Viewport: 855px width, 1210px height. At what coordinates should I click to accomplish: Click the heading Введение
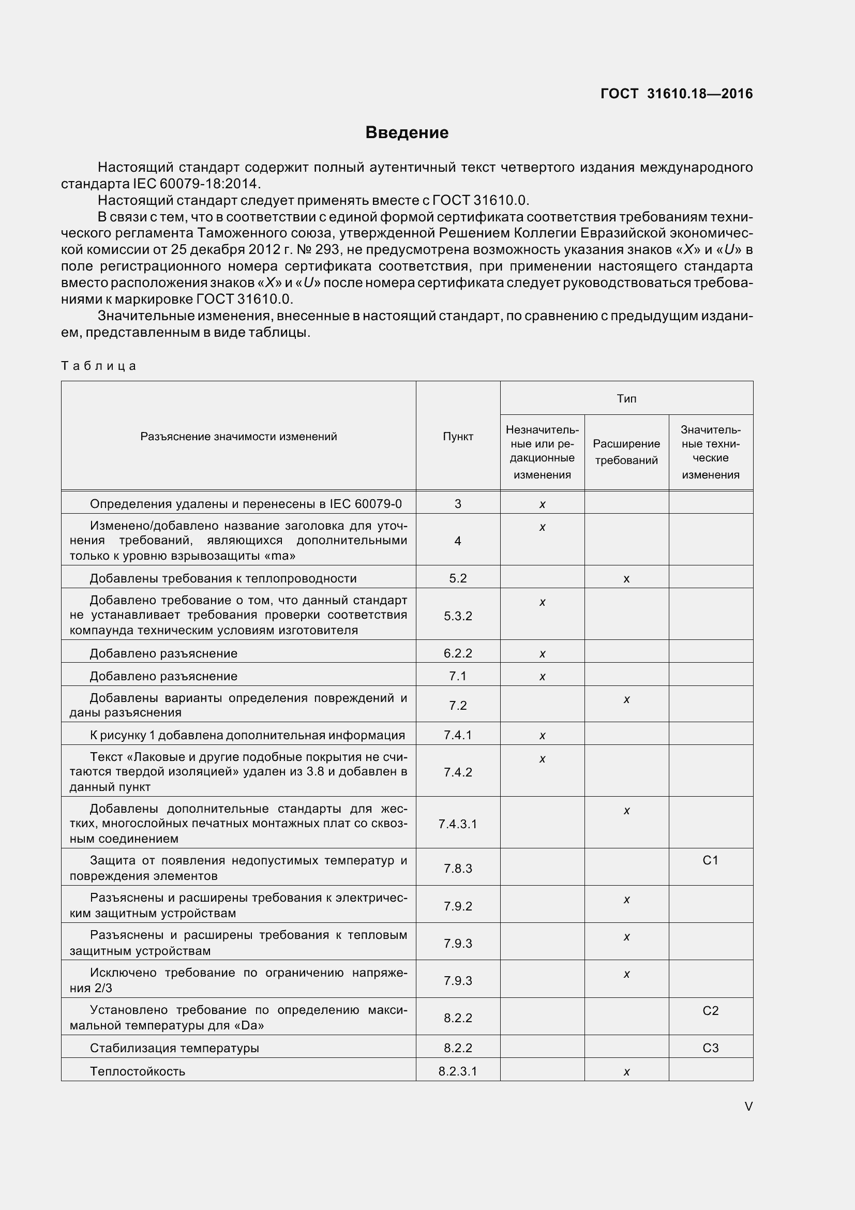tap(407, 132)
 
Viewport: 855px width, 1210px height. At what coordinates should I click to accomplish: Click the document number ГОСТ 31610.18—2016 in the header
tap(677, 94)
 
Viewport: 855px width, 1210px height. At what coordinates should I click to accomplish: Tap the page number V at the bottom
tap(748, 1106)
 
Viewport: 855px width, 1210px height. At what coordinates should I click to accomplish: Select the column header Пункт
tap(458, 437)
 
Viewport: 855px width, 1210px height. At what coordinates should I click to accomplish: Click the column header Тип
tap(626, 398)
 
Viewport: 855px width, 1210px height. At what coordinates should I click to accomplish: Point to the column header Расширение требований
tap(626, 452)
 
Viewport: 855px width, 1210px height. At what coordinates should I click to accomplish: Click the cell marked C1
tap(710, 860)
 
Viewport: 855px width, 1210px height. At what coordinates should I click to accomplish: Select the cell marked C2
tap(710, 1010)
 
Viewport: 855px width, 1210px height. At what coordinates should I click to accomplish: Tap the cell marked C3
tap(710, 1048)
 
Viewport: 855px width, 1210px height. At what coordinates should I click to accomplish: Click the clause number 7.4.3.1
tap(458, 824)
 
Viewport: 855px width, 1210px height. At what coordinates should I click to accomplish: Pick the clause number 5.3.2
tap(458, 616)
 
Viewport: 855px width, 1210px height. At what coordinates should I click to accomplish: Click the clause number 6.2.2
tap(458, 653)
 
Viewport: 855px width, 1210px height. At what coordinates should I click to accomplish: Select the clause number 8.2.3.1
tap(458, 1071)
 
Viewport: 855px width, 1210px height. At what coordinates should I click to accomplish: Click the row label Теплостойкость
tap(138, 1071)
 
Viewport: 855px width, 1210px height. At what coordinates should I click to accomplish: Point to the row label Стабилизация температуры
tap(174, 1048)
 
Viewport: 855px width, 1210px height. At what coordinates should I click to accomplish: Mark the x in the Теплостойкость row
tap(626, 1071)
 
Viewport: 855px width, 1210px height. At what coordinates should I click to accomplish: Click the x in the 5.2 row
tap(626, 579)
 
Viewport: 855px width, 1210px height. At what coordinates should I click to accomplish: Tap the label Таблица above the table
tap(98, 366)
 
